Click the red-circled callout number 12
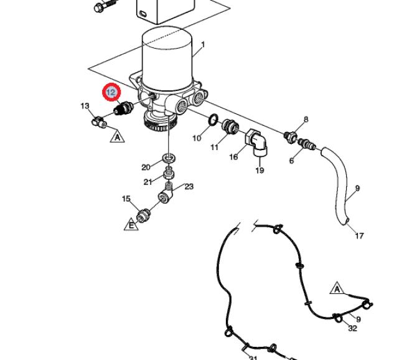tap(111, 92)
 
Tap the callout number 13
tap(85, 106)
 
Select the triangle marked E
tap(131, 225)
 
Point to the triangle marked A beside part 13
tap(117, 136)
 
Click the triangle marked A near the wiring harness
tap(337, 288)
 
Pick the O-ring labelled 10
tap(213, 120)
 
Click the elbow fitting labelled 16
tap(256, 143)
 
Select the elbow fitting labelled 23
tap(166, 193)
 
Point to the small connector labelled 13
tap(100, 121)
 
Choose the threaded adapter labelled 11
tap(230, 126)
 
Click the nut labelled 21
tap(169, 173)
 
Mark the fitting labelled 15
tap(144, 215)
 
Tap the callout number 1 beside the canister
tap(203, 44)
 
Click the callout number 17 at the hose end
tap(359, 235)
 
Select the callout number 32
tap(352, 328)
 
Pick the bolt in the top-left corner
tap(105, 6)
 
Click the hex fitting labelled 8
tap(291, 136)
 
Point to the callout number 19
tap(260, 170)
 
